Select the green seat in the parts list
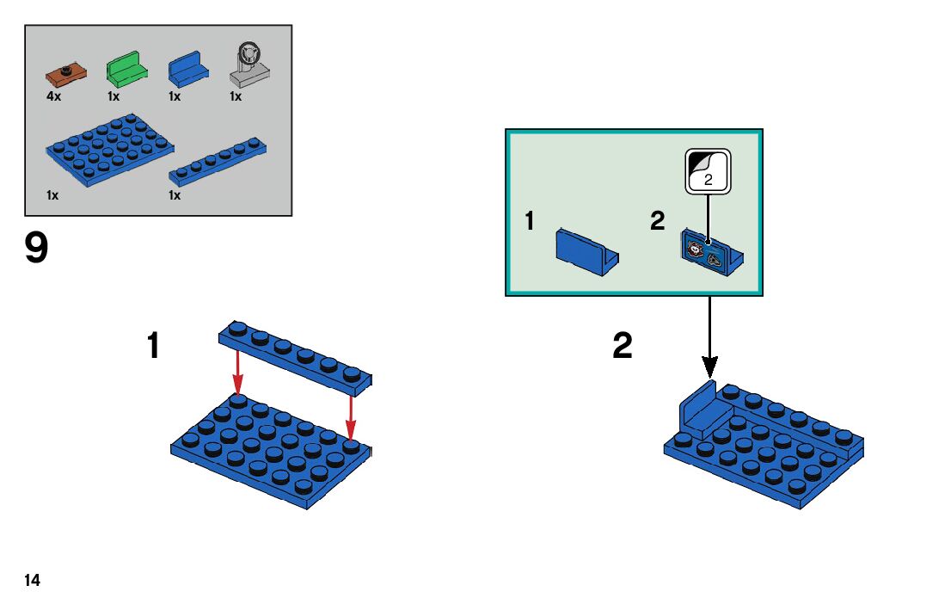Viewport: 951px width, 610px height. pyautogui.click(x=126, y=68)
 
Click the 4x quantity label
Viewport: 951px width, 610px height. pyautogui.click(x=53, y=96)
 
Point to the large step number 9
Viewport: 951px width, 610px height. pyautogui.click(x=37, y=250)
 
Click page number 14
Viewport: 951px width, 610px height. pyautogui.click(x=33, y=581)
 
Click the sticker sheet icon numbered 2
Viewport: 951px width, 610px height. pyautogui.click(x=708, y=171)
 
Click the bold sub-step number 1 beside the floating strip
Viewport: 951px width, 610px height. pyautogui.click(x=153, y=347)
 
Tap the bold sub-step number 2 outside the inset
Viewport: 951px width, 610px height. pyautogui.click(x=622, y=347)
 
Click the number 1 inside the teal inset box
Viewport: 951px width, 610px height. pyautogui.click(x=530, y=222)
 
